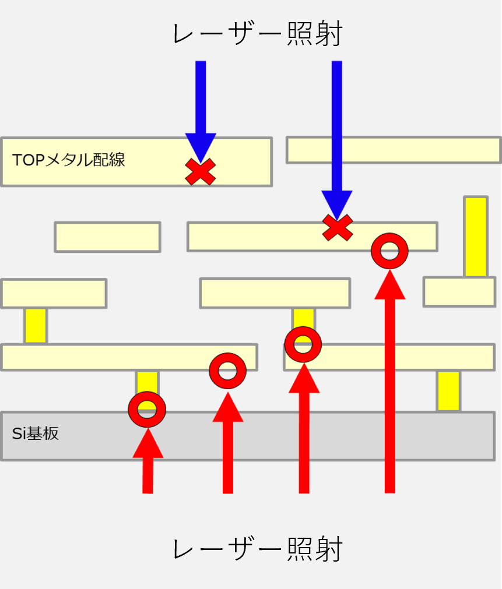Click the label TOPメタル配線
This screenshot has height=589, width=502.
(x=69, y=160)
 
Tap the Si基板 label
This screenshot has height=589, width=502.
(x=36, y=434)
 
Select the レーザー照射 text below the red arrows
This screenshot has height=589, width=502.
(x=257, y=549)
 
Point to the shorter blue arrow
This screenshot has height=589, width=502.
(x=201, y=105)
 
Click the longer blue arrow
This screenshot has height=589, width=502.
(x=337, y=134)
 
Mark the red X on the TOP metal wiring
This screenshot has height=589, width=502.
(x=201, y=172)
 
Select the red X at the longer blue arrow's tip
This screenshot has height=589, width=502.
(x=338, y=227)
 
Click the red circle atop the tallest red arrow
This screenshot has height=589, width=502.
(x=389, y=251)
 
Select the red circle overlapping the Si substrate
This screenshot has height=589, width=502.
(x=147, y=409)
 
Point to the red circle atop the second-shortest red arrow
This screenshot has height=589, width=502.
(x=227, y=371)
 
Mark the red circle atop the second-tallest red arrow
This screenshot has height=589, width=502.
(x=303, y=344)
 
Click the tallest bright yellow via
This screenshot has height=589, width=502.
(x=475, y=237)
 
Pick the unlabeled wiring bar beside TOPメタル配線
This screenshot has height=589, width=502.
(x=394, y=150)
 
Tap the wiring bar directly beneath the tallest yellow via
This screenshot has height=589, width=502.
(x=459, y=292)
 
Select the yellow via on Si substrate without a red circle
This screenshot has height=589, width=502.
(x=448, y=390)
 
